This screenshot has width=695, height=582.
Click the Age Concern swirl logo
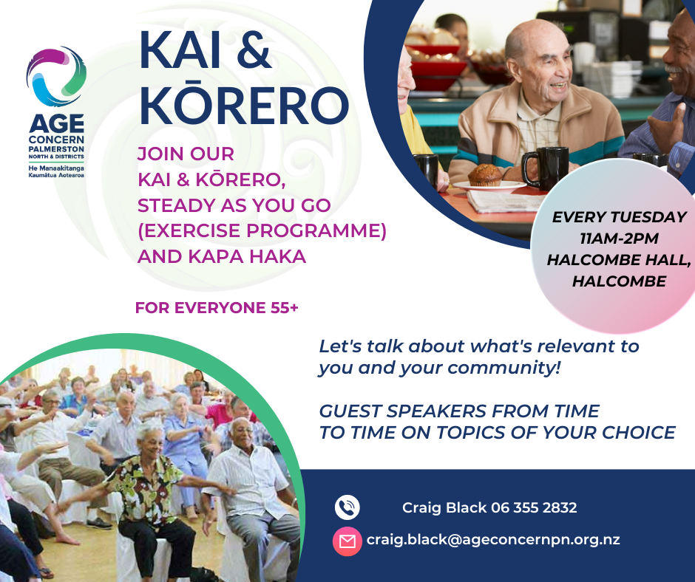click(56, 76)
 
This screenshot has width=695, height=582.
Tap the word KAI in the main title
click(180, 50)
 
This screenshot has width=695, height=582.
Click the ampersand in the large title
click(254, 50)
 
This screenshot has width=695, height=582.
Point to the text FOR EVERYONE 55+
click(217, 307)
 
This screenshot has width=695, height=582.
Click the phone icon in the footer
click(347, 507)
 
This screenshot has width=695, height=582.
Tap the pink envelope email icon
click(347, 541)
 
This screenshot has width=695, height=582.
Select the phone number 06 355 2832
click(534, 507)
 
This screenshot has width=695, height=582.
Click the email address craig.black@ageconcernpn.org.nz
click(493, 540)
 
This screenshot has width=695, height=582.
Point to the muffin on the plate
click(485, 175)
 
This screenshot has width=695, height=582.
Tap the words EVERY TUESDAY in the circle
click(619, 217)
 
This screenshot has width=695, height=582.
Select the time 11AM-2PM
click(619, 239)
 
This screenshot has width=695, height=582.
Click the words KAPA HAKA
click(247, 256)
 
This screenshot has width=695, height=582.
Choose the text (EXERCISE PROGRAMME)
click(262, 230)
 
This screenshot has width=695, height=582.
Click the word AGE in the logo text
click(56, 123)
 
